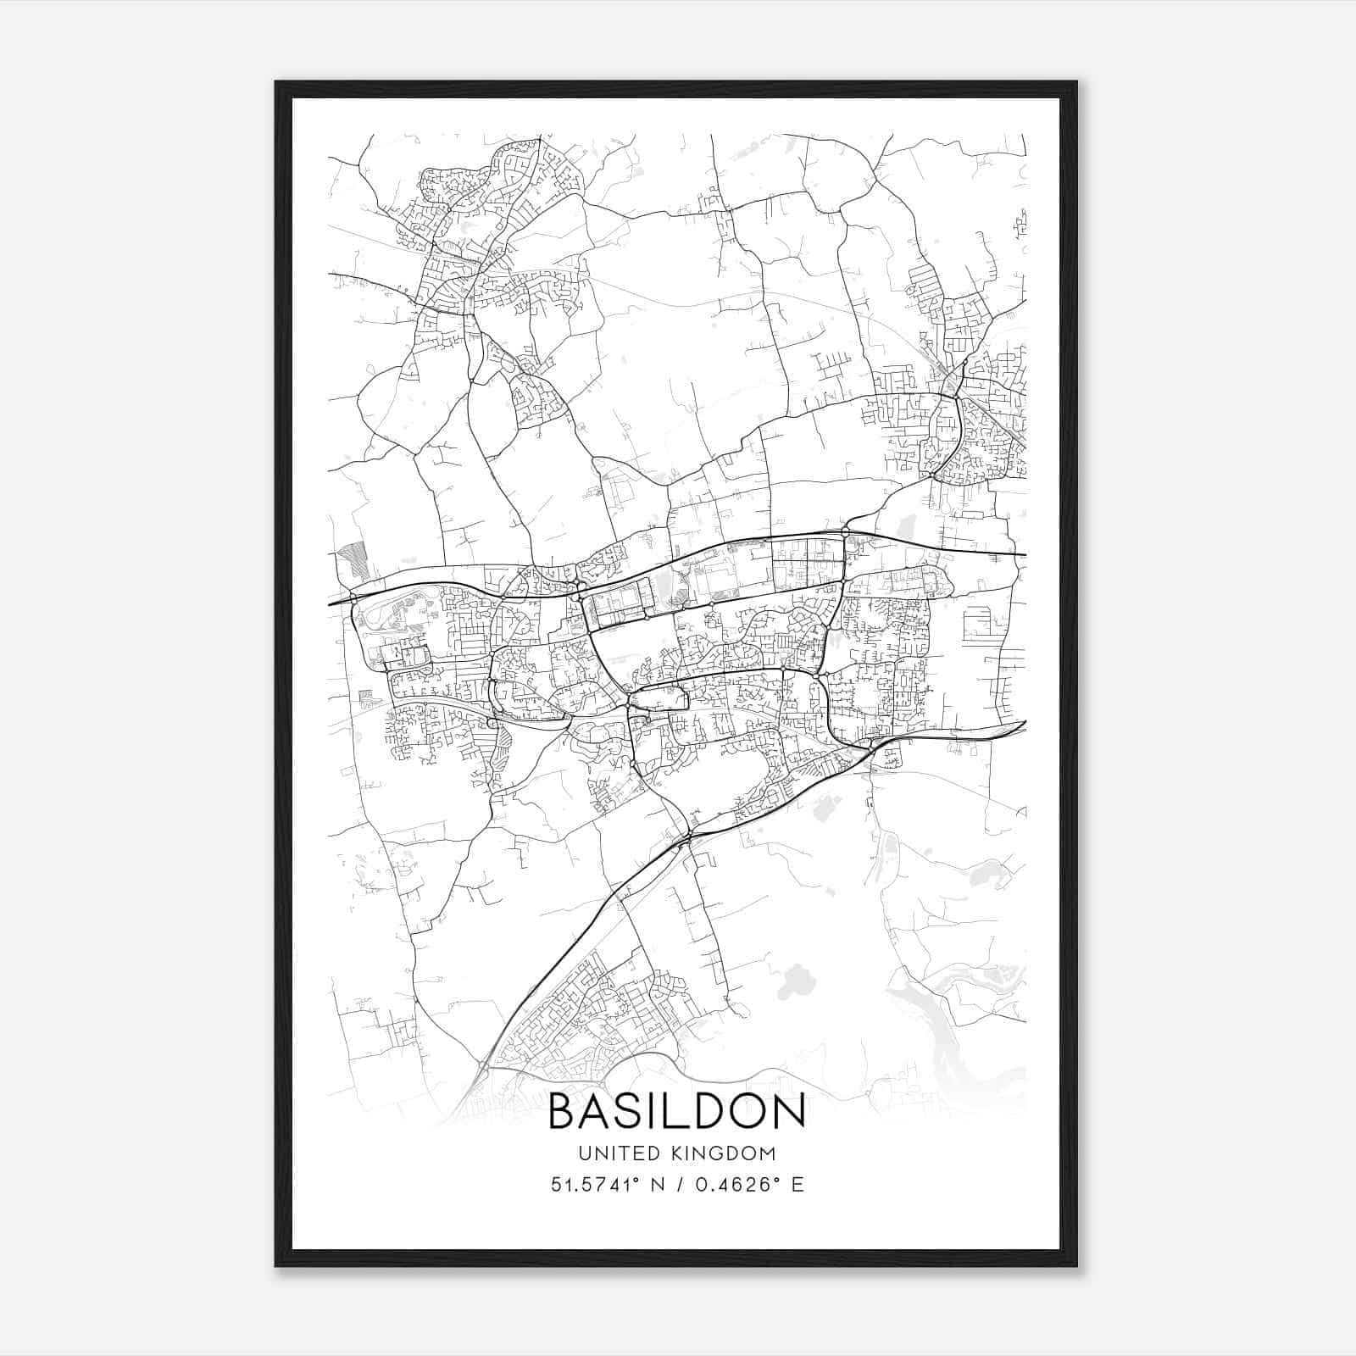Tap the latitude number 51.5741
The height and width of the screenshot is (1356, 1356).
(x=589, y=1185)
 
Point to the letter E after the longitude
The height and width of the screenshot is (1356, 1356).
(x=797, y=1185)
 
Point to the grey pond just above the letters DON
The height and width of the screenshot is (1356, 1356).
(x=794, y=983)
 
